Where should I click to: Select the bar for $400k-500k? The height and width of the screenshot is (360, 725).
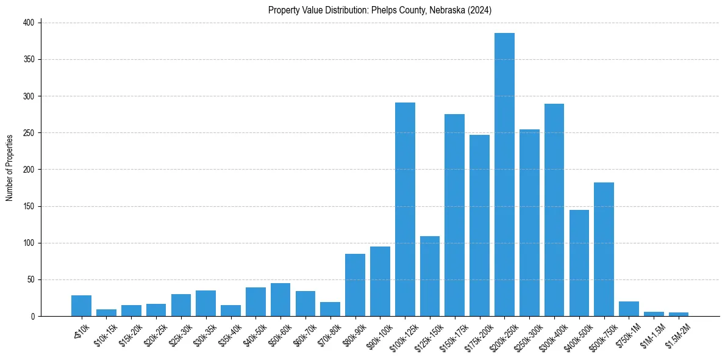tap(579, 263)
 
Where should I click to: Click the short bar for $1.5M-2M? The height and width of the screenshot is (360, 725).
tap(679, 314)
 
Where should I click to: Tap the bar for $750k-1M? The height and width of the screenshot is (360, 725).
tap(629, 309)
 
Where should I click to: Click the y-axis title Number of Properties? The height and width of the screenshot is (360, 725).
tap(9, 168)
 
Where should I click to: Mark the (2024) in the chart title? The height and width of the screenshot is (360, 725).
tap(480, 10)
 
